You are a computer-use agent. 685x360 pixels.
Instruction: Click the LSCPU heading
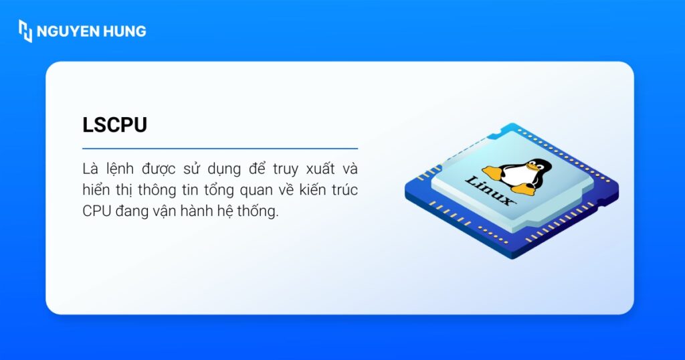[x=114, y=125]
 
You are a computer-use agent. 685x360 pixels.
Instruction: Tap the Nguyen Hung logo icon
[x=25, y=31]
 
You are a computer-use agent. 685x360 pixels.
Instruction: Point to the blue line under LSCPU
[x=220, y=148]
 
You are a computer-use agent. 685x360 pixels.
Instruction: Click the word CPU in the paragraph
[x=97, y=211]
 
